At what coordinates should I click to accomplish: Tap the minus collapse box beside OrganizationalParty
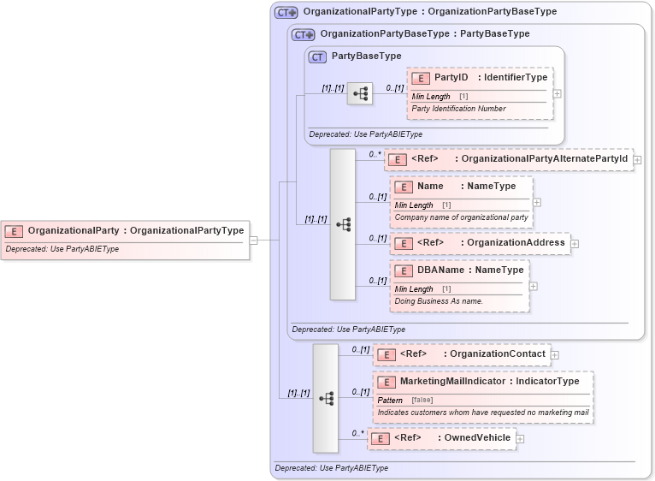[253, 240]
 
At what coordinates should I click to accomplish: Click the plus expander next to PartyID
[558, 93]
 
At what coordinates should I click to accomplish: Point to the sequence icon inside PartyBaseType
[360, 93]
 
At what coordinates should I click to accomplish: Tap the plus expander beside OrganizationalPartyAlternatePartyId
[638, 159]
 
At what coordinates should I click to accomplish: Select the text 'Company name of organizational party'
[461, 217]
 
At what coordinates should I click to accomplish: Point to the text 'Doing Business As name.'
[439, 301]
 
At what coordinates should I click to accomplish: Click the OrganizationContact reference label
[497, 354]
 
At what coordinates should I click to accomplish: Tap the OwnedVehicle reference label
[475, 438]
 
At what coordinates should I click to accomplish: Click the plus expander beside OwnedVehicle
[520, 439]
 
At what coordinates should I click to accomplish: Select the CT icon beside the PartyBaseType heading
[317, 56]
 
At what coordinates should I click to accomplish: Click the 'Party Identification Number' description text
[458, 109]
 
